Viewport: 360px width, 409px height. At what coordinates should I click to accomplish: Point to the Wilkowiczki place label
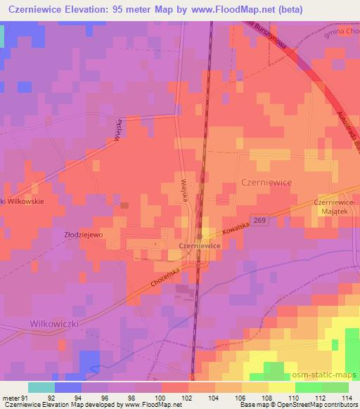click(x=53, y=324)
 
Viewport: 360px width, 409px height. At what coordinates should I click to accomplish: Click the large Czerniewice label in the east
click(x=266, y=181)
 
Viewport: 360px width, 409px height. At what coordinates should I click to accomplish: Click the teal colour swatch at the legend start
click(x=41, y=387)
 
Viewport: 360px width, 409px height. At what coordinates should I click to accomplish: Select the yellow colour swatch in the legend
click(x=282, y=387)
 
